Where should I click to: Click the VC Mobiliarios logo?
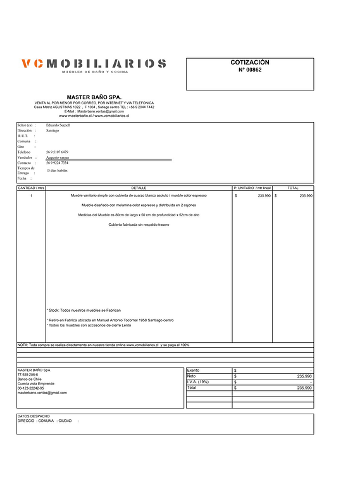94,65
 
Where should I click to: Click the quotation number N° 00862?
249,70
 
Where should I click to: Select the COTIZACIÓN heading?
249,63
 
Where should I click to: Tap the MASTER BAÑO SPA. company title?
94,97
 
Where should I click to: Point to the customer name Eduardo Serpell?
58,125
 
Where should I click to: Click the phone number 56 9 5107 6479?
57,152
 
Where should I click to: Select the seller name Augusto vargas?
58,157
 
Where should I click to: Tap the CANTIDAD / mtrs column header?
31,188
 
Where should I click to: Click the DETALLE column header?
139,188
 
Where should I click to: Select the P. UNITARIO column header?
252,188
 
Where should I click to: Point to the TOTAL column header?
293,188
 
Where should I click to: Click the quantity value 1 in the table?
31,196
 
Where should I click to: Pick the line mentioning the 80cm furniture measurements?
139,215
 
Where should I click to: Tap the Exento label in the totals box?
194,370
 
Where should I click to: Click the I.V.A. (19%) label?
198,382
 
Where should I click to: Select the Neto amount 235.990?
304,376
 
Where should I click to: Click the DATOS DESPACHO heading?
33,416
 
